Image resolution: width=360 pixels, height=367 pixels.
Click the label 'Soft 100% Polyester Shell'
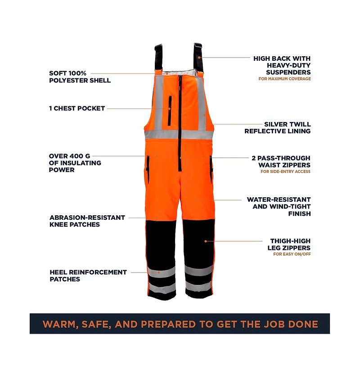[x=80, y=77]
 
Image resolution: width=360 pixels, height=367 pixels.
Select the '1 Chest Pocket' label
[x=77, y=109]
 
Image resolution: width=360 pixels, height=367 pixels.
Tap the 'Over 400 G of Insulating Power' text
[x=75, y=163]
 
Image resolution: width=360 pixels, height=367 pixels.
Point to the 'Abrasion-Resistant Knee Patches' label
[x=87, y=221]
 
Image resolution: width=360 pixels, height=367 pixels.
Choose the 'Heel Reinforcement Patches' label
[x=88, y=276]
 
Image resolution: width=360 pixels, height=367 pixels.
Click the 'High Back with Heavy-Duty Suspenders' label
[x=282, y=65]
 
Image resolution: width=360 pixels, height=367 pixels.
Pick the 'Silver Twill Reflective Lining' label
[x=278, y=127]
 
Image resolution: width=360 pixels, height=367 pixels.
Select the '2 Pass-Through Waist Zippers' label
[x=281, y=161]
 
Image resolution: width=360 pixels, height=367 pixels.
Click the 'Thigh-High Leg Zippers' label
[x=290, y=245]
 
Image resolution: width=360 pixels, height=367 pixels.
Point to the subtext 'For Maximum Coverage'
[x=284, y=79]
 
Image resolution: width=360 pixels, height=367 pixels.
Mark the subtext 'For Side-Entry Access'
[x=285, y=172]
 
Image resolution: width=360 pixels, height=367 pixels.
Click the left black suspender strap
[x=158, y=58]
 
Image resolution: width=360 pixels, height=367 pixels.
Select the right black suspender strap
[x=198, y=57]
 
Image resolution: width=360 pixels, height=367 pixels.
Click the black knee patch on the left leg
[x=162, y=243]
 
